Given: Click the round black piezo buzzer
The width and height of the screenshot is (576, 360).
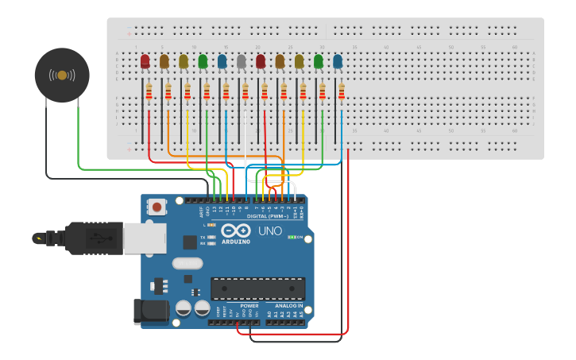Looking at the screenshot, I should coord(62,75).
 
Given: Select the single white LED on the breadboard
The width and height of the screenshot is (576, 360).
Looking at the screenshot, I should coord(241,61).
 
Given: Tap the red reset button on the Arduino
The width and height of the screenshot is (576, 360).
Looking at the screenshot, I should coord(157,207).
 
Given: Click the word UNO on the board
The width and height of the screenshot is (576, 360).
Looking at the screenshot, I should coord(270,231).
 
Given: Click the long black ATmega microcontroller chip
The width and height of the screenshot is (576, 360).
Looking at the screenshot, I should coord(257,288).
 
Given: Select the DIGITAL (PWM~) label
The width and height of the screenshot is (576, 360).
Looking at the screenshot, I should coord(267,216).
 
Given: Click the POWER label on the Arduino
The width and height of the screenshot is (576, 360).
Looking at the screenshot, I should coord(249,305).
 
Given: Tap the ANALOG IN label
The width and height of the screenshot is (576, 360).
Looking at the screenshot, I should coord(288,305).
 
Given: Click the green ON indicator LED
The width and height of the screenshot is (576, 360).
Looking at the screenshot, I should coord(292,237).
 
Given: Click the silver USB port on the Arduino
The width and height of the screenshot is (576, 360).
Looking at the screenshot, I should coord(145,238).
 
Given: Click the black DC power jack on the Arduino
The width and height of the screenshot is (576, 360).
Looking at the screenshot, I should coord(151,311).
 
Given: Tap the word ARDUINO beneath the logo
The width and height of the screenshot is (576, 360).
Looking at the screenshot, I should coord(235,242).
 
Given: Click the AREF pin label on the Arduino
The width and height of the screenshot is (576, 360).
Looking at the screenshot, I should coord(200,211).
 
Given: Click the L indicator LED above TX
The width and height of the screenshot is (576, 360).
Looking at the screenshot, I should coord(211,226).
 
